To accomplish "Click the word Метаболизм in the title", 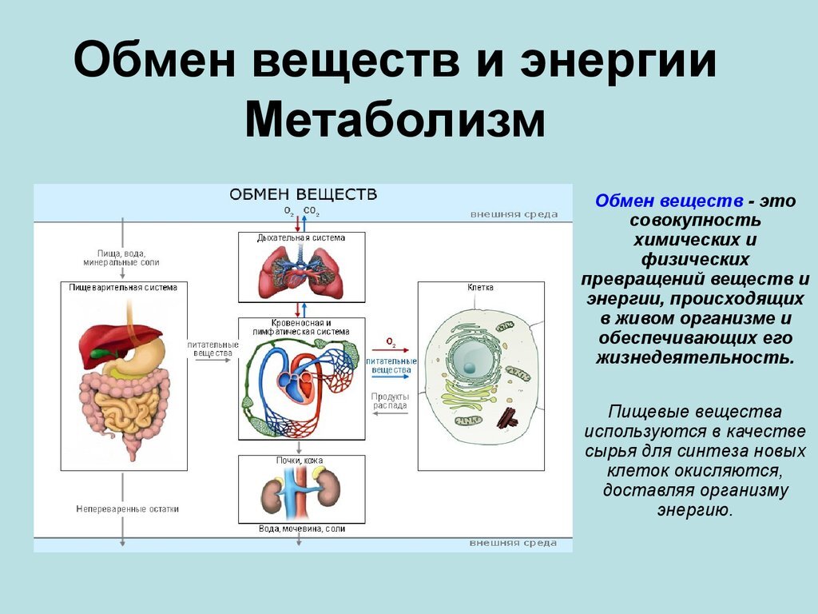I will click(395, 125).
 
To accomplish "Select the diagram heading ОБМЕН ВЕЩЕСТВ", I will click(304, 194).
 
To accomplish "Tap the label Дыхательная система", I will click(301, 237).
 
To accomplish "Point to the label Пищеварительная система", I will click(123, 287).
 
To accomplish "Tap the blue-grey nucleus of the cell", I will click(470, 365).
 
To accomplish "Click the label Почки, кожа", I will click(301, 460).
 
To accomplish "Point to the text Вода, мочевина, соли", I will click(302, 528).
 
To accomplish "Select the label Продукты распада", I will click(390, 401).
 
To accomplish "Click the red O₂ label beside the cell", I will click(391, 341).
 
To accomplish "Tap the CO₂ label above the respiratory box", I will click(312, 212).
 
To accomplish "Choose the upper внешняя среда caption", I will click(514, 214).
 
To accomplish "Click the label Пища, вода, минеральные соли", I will click(121, 257).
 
